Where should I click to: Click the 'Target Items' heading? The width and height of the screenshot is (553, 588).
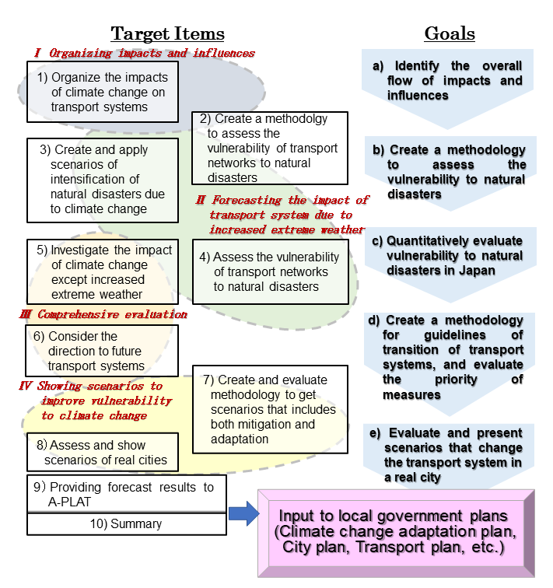[167, 33]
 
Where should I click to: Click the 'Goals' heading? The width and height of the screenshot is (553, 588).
[449, 33]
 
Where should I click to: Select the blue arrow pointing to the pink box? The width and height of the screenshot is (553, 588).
[244, 512]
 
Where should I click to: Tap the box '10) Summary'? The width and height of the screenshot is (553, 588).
[126, 524]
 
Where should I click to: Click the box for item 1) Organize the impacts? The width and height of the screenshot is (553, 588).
[97, 93]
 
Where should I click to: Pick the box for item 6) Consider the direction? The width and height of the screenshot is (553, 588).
[102, 351]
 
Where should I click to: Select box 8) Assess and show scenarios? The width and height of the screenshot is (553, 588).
[102, 453]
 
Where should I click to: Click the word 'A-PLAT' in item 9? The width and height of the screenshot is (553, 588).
[70, 502]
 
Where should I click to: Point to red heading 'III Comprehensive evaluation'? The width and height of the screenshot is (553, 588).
[103, 314]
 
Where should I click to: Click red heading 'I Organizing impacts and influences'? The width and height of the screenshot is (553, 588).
[144, 53]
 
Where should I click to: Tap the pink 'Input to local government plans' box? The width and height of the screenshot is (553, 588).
[394, 532]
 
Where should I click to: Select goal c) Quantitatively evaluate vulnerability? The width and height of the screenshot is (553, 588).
[454, 256]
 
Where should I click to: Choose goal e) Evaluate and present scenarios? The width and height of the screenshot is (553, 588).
[454, 455]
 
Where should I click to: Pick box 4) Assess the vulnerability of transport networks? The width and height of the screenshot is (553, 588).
[270, 271]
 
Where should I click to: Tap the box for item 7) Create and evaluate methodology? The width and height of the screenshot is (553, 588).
[270, 410]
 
